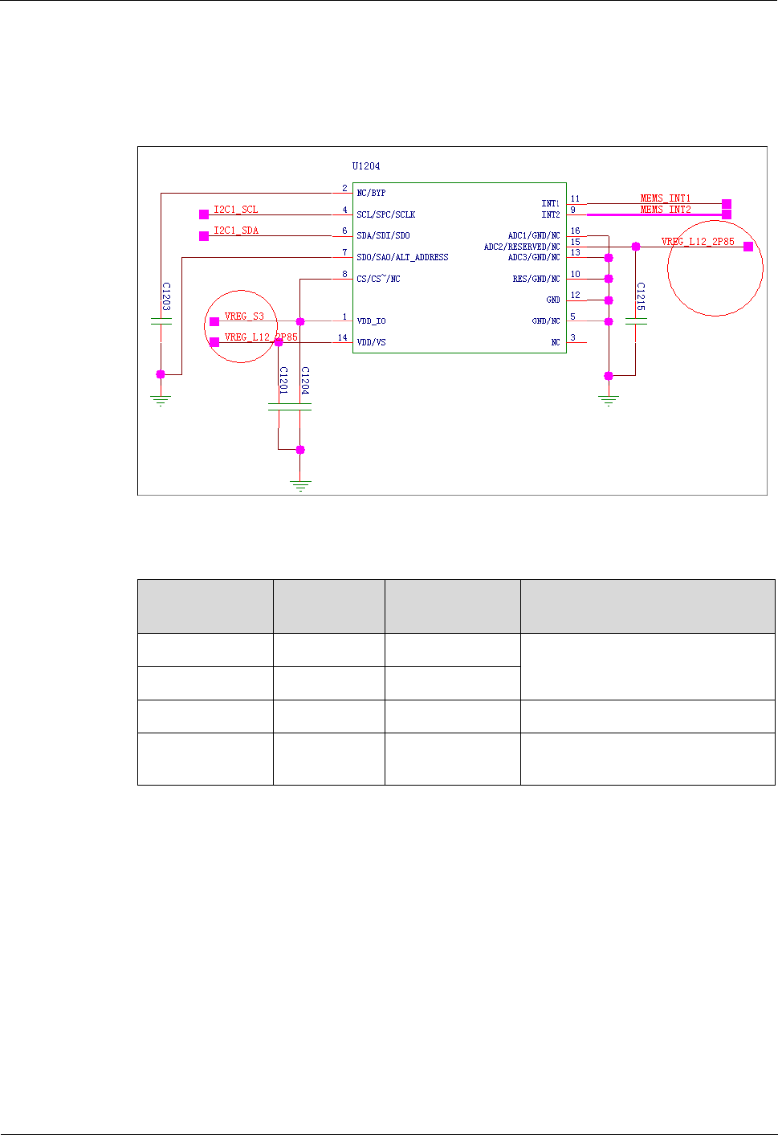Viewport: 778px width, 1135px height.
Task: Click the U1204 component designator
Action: (366, 166)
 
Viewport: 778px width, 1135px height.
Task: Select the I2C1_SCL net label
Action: (236, 210)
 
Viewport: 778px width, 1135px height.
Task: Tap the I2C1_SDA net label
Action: (236, 231)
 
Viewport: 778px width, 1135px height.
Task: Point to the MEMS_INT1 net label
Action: (666, 198)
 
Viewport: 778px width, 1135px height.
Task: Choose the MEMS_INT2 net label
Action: (666, 210)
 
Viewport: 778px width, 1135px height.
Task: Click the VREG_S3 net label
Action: (244, 316)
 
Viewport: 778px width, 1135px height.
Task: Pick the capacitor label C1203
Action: (166, 296)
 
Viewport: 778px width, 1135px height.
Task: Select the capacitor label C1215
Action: (641, 296)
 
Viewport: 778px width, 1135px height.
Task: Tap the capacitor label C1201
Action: (283, 380)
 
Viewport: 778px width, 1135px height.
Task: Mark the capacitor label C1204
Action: (305, 380)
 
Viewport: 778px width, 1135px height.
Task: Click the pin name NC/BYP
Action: (371, 193)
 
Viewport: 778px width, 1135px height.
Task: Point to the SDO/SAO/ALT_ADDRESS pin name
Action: (402, 257)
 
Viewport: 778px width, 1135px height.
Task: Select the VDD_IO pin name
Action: (371, 321)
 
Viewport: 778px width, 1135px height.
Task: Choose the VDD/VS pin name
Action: (371, 342)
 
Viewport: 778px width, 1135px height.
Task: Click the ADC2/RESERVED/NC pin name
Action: (522, 247)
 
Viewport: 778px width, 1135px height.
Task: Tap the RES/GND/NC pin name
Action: (536, 279)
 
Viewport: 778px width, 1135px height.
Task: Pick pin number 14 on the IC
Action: (343, 337)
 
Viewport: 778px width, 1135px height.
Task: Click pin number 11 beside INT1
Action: (575, 198)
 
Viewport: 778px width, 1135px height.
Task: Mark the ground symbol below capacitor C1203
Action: (161, 399)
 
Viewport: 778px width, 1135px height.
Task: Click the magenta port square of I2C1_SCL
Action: (204, 214)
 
